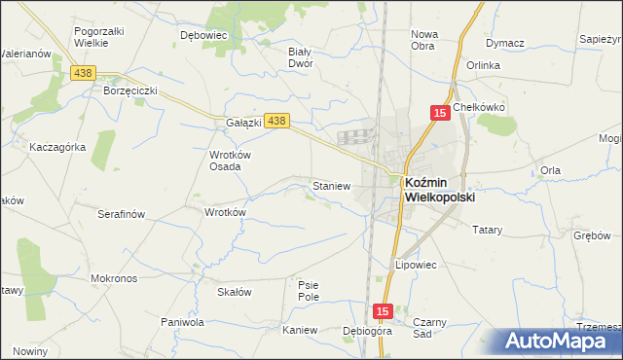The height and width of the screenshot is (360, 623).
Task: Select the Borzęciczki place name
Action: (x=129, y=90)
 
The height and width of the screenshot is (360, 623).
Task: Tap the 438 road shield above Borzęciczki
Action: (x=83, y=73)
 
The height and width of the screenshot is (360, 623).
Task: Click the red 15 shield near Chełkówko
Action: (x=439, y=114)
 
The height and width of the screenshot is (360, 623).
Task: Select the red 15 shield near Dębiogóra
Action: (x=383, y=311)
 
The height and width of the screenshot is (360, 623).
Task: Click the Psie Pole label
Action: (x=309, y=290)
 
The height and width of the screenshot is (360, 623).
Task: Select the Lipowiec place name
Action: (x=415, y=264)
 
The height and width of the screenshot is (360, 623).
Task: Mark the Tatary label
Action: (x=487, y=231)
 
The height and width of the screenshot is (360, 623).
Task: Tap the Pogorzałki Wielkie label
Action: (x=99, y=38)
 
